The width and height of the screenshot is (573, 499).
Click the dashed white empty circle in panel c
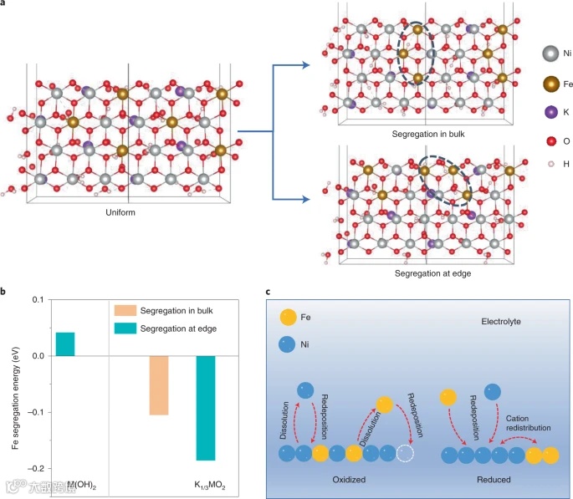point(407,455)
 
